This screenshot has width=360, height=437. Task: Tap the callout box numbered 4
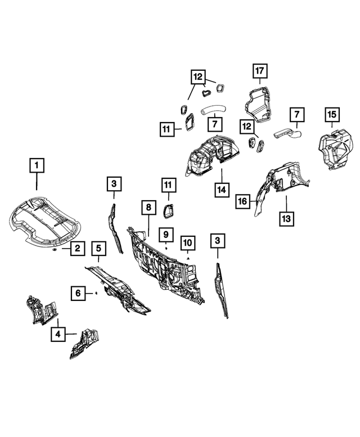click(x=58, y=334)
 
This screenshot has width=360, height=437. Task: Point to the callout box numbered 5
click(x=98, y=247)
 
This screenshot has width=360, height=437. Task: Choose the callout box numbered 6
click(x=78, y=292)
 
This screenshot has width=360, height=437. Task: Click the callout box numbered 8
click(x=148, y=208)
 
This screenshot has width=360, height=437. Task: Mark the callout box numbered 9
click(x=167, y=233)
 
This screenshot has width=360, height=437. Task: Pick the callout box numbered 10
click(x=187, y=243)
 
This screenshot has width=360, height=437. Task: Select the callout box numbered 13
click(x=286, y=218)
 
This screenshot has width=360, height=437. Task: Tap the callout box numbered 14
click(x=222, y=190)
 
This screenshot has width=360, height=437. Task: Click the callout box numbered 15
click(x=331, y=115)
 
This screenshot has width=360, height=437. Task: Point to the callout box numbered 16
click(x=242, y=201)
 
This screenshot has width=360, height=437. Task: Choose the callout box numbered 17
click(x=259, y=71)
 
